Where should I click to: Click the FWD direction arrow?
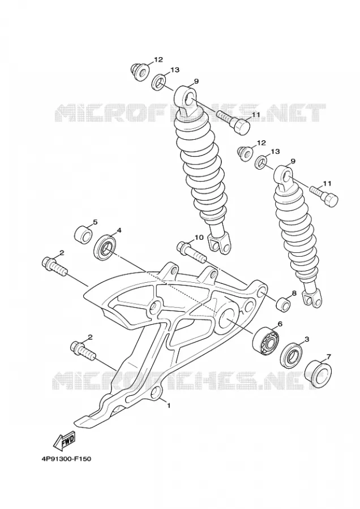[64, 440]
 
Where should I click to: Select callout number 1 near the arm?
[169, 405]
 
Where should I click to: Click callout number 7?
[328, 356]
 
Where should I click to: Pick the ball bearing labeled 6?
[266, 341]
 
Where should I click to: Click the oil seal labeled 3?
[290, 354]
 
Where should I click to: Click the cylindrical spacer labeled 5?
[84, 234]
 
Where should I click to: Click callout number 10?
[199, 238]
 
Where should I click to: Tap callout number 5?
[95, 222]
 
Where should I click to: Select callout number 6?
[280, 323]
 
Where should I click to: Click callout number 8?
[294, 293]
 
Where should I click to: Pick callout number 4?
[119, 230]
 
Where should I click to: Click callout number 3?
[306, 339]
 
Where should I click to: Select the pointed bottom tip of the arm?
[75, 421]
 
